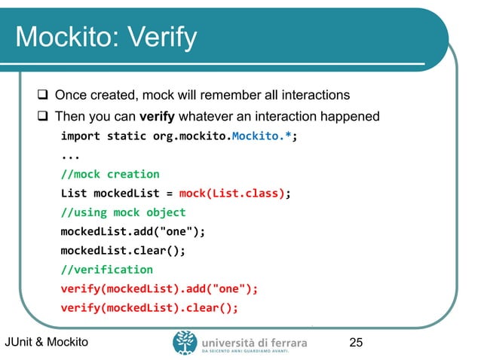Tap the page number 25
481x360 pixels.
pos(357,343)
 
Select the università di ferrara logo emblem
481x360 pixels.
pos(185,343)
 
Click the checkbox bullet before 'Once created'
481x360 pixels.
pos(44,95)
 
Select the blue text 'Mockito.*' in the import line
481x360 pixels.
pos(261,137)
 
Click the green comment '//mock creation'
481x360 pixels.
pos(110,174)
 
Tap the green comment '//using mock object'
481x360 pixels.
pos(123,212)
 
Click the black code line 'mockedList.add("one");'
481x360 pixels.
pos(133,231)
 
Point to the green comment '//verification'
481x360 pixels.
pos(106,269)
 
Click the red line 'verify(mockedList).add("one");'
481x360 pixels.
pos(159,288)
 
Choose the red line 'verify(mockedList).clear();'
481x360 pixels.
pos(149,307)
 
